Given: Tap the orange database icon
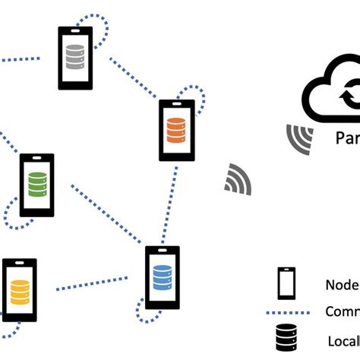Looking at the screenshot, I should coord(176,129).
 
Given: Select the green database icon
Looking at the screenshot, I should coord(37,185).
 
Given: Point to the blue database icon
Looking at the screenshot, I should coord(163,277).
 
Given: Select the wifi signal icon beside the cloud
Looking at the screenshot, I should coord(299,138).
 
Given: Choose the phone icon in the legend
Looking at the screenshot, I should coord(287,283).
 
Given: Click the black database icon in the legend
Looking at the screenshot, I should coord(287,340).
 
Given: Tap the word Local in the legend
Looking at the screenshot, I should coord(343,341).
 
